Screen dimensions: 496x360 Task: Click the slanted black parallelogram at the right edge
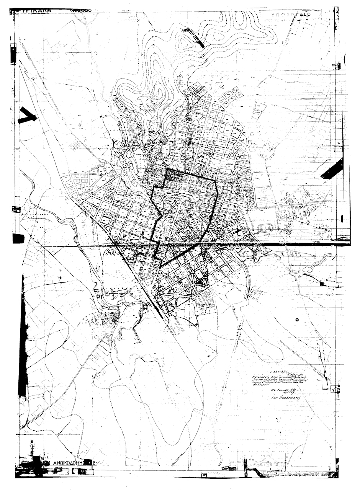pos(332,169)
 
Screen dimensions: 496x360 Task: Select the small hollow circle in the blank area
pos(297,318)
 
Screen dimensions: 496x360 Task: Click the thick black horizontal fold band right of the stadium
pos(306,244)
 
